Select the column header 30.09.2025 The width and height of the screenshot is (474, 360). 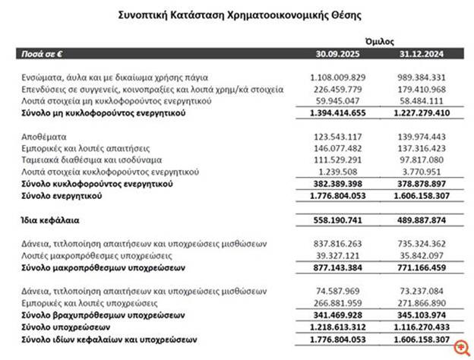pos(338,54)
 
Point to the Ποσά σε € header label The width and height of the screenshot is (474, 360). pos(43,54)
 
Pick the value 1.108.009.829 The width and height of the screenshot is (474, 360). pos(338,77)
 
